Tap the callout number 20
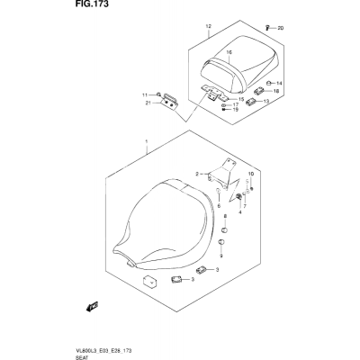[280, 28]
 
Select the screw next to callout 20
[268, 28]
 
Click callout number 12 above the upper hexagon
[209, 26]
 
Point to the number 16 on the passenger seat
[229, 52]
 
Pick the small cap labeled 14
[270, 83]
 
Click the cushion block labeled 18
[259, 90]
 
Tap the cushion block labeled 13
[251, 102]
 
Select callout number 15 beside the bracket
[241, 99]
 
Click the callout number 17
[236, 104]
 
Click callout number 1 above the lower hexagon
[147, 141]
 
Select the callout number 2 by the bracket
[197, 174]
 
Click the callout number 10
[251, 174]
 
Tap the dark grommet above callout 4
[239, 196]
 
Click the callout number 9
[221, 256]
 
